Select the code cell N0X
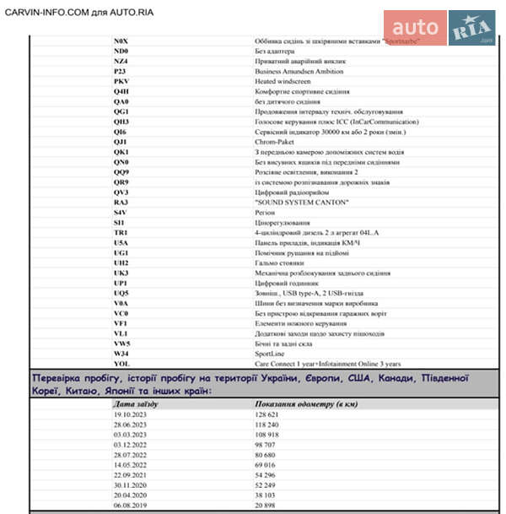121,41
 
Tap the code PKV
121,81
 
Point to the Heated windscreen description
282,81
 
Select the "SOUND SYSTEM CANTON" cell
300,203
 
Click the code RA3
121,203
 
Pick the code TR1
121,232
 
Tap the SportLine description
270,354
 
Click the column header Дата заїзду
137,404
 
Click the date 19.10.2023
130,416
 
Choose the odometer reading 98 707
269,445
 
